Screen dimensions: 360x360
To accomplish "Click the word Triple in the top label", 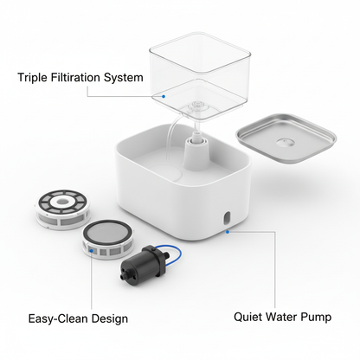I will point(33,77).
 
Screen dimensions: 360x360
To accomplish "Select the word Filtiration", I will point(80,77).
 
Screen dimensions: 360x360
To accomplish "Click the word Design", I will point(110,318).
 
